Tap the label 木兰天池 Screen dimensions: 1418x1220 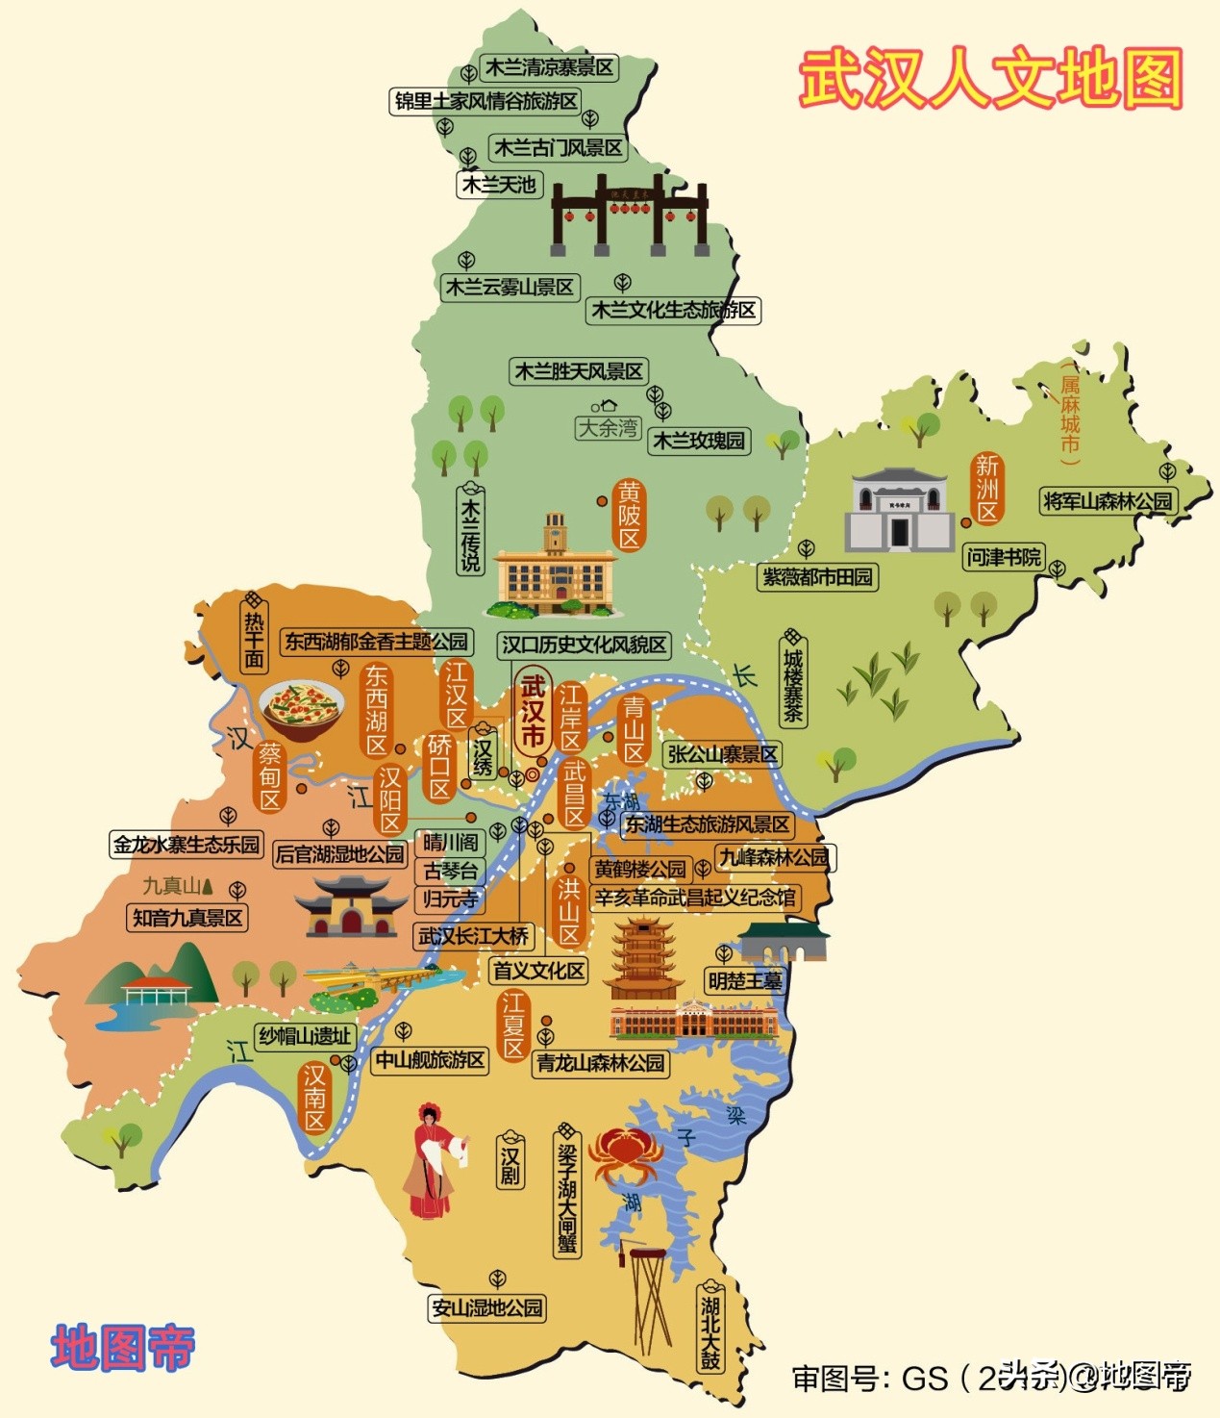coord(499,184)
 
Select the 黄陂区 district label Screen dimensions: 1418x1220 coord(629,516)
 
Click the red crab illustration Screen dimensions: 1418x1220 coord(622,1153)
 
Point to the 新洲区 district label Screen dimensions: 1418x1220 coord(987,488)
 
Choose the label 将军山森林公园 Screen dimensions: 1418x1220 coord(1108,501)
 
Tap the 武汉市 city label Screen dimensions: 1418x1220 coord(533,712)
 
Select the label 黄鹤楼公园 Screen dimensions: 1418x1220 coord(639,870)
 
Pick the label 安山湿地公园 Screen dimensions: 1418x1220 coord(487,1307)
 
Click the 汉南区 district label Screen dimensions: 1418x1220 coord(315,1097)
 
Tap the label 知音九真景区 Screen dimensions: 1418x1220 coord(187,918)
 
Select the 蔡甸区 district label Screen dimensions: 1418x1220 coord(270,776)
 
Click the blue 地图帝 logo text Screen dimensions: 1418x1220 coord(123,1347)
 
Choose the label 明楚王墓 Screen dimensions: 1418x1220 coord(745,981)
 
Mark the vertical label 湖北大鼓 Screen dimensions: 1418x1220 coord(710,1331)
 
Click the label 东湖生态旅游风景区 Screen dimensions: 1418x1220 coord(708,824)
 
